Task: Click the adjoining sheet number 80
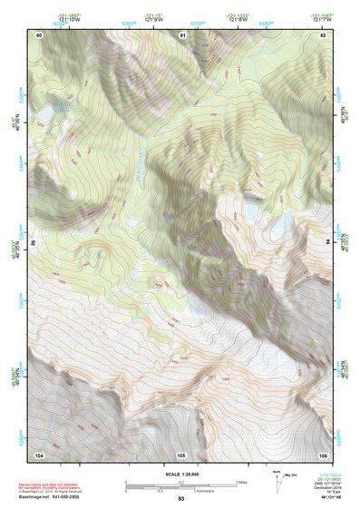tap(39, 35)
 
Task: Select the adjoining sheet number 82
tap(323, 35)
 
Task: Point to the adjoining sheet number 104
tap(39, 454)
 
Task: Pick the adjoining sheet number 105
tap(181, 454)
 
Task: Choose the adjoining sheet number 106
tap(323, 454)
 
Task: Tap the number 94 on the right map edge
tap(327, 243)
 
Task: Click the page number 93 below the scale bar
tap(181, 499)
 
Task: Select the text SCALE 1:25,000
tap(180, 474)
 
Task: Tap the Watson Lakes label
tap(62, 105)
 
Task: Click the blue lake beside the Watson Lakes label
tap(44, 114)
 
